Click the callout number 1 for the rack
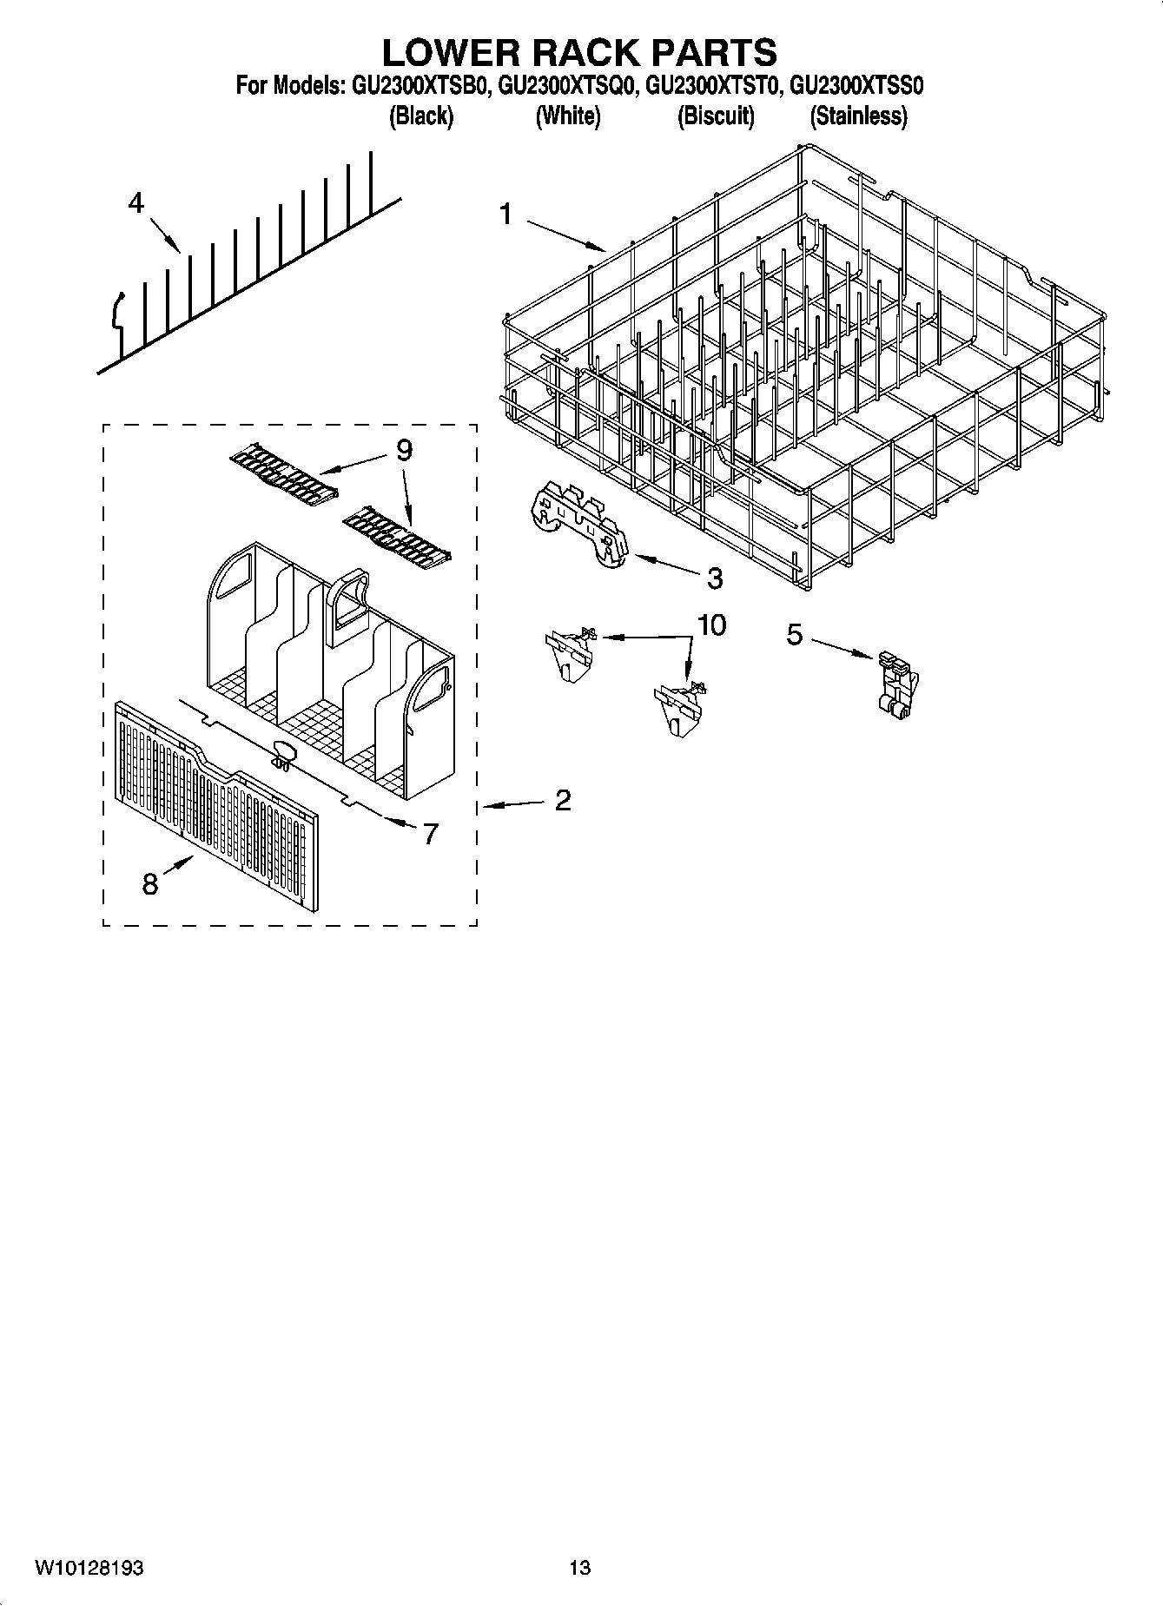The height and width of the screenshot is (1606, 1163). [x=506, y=214]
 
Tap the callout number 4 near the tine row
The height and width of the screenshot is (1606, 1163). [x=136, y=204]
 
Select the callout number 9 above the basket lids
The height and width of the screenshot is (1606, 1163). [x=404, y=450]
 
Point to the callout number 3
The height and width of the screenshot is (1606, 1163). [x=714, y=578]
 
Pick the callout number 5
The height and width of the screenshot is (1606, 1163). [x=794, y=635]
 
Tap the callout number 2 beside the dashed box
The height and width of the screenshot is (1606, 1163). [x=563, y=800]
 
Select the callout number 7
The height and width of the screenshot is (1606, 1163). [x=430, y=833]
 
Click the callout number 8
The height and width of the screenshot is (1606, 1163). [x=150, y=884]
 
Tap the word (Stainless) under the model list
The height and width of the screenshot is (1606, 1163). [x=858, y=116]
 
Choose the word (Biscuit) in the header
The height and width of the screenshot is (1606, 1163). [x=716, y=116]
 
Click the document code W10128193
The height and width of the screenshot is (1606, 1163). [x=89, y=1569]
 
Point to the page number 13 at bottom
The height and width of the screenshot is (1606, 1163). [x=580, y=1569]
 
